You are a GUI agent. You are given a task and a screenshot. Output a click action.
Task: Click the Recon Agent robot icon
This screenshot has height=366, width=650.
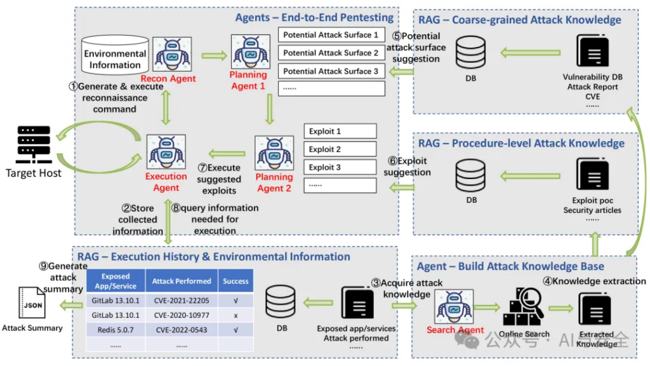172,54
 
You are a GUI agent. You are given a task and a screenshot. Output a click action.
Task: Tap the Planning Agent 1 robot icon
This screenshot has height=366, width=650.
250,51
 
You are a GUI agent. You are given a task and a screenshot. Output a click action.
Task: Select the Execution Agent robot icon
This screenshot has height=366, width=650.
166,151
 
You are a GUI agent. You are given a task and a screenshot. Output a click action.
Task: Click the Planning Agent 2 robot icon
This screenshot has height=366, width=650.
274,152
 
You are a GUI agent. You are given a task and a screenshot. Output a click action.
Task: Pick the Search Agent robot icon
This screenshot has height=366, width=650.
454,307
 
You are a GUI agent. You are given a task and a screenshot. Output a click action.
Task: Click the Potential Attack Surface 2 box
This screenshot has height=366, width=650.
331,53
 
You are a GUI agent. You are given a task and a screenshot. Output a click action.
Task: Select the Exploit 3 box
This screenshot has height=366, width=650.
340,167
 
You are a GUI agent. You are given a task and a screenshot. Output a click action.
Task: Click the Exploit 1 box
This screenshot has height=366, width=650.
340,131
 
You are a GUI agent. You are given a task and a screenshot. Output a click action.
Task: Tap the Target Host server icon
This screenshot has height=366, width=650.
34,144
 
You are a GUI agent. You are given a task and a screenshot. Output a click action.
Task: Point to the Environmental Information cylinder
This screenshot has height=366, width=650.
115,55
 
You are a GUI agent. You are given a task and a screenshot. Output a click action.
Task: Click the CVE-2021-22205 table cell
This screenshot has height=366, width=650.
182,301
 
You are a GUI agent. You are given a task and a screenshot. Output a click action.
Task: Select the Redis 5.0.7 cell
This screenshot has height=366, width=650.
116,330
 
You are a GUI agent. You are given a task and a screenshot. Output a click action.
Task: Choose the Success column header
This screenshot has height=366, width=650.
235,281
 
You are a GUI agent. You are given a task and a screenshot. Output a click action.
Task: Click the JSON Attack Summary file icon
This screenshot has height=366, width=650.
32,302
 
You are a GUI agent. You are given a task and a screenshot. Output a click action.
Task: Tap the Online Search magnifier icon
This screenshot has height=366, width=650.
524,307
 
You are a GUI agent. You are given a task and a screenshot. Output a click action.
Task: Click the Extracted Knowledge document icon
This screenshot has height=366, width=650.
594,309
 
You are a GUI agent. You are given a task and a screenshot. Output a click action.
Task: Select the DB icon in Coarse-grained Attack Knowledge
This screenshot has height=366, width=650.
470,52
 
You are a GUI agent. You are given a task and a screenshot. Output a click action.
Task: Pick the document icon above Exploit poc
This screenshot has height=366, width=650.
593,174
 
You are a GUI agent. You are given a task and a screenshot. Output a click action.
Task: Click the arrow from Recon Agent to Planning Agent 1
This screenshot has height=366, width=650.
215,55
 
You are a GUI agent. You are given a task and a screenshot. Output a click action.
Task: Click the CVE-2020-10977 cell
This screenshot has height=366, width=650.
182,315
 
